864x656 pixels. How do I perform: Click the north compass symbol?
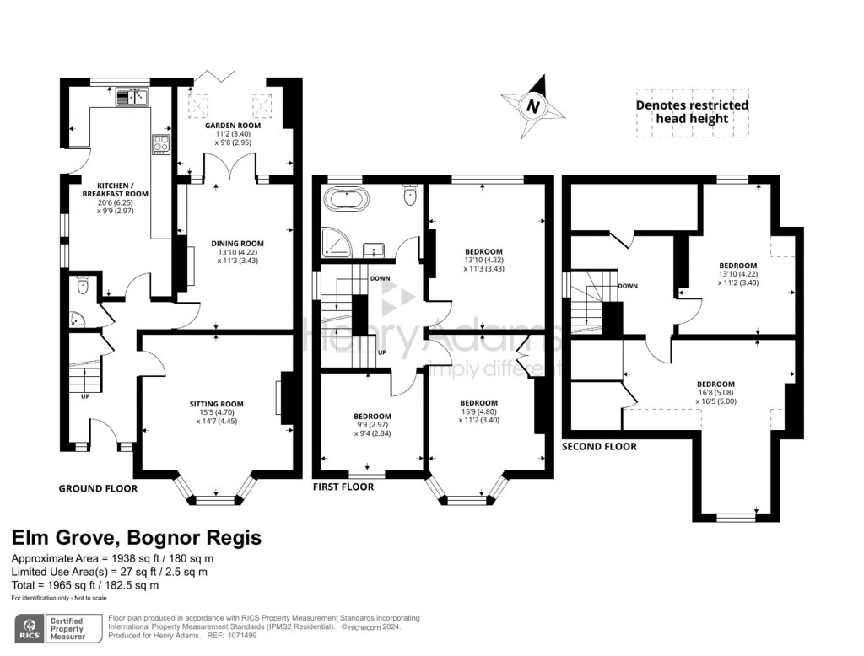click(533, 106)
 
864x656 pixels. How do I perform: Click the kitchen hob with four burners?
click(160, 144)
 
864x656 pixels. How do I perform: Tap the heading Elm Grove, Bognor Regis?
click(136, 538)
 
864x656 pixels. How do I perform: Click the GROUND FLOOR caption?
click(98, 488)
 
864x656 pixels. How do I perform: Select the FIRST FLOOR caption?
click(343, 487)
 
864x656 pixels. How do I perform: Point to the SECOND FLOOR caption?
click(599, 446)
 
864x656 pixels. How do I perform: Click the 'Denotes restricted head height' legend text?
click(692, 111)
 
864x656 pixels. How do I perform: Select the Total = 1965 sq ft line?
click(84, 585)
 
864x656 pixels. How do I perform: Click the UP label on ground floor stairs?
click(85, 395)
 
